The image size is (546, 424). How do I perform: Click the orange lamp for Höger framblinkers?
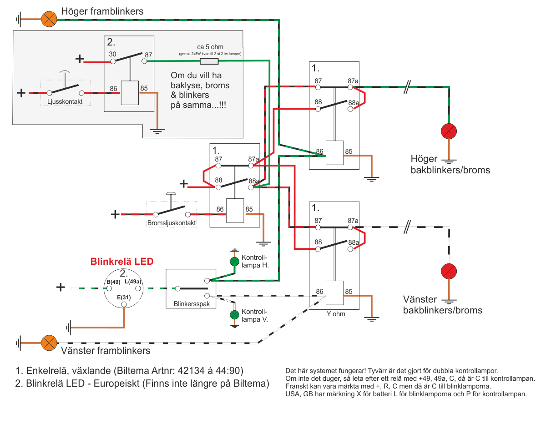point(49,19)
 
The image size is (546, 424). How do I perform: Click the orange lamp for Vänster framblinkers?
point(49,343)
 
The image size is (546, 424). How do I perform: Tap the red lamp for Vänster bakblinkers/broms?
point(449,272)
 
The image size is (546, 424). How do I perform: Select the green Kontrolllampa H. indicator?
point(234,262)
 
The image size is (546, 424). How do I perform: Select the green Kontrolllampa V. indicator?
point(234,315)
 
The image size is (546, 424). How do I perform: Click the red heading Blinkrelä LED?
point(122,262)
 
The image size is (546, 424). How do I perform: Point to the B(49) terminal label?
point(113,282)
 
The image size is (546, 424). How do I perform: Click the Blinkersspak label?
point(192,304)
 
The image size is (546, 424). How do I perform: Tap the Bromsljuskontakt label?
point(172,223)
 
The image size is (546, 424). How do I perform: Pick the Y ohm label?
point(336,314)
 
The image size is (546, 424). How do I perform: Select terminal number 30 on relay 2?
point(112,54)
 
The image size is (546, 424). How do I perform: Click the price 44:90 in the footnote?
point(230,370)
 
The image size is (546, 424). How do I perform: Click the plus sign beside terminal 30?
point(80,59)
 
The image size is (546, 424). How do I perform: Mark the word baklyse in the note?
point(186,85)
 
